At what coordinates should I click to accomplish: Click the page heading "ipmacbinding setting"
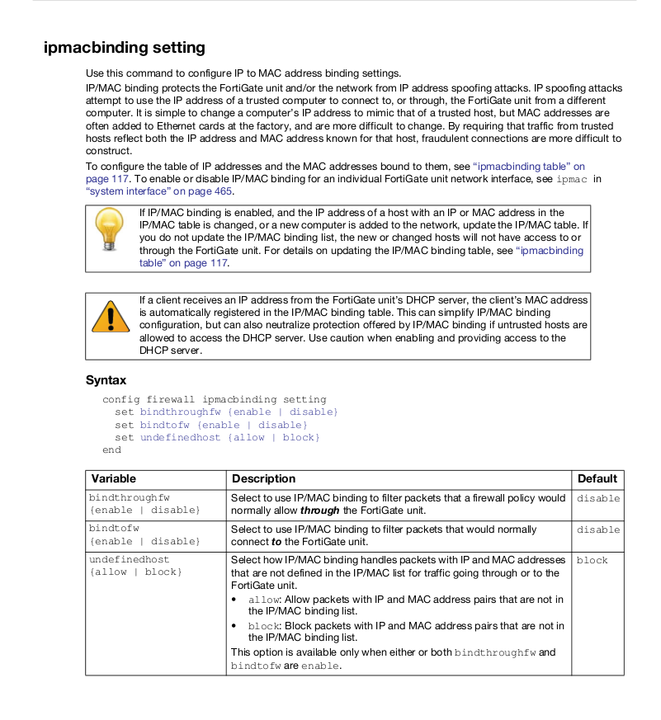124,47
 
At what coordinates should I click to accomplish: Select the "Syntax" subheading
106,380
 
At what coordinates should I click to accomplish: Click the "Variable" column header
114,478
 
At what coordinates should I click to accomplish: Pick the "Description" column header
263,478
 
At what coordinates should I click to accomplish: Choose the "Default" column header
597,478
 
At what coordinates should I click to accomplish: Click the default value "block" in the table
592,561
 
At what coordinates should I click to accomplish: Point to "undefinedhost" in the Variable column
129,560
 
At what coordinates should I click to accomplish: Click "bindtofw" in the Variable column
114,529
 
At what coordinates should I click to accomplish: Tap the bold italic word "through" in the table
319,511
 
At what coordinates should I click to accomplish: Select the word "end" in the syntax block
111,450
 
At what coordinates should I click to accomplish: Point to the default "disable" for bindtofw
597,529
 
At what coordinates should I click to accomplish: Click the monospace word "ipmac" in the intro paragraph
574,179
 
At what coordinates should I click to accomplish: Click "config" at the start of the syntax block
121,399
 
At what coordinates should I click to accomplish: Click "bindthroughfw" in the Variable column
129,497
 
